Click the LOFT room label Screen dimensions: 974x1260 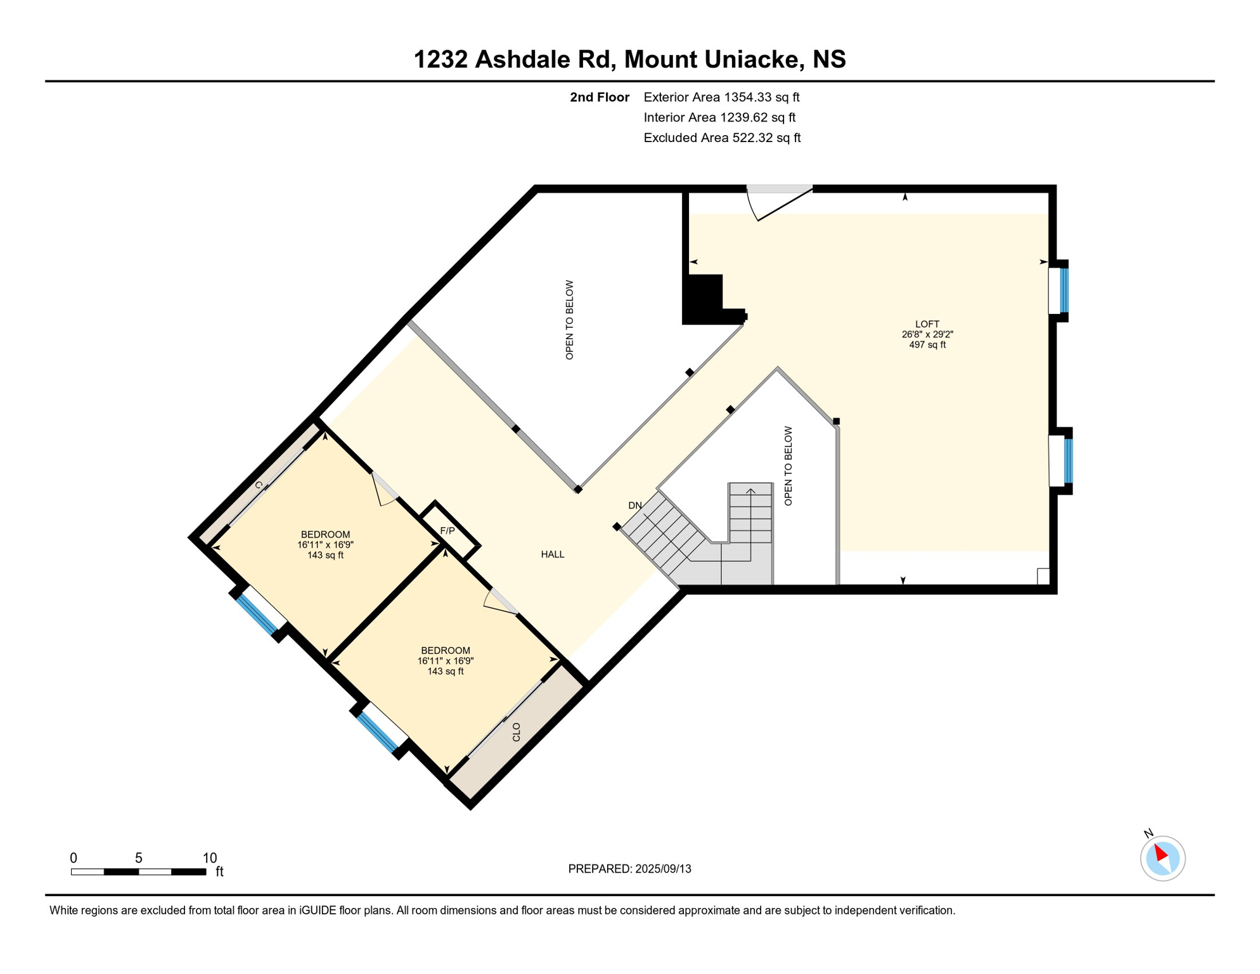coord(927,324)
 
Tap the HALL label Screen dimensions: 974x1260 coord(552,555)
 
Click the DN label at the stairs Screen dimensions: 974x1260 coord(635,505)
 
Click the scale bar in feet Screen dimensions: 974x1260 coord(138,872)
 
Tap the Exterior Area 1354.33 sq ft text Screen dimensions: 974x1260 coord(721,97)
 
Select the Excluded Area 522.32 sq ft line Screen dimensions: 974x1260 coord(721,138)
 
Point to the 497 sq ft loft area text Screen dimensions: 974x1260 coord(927,345)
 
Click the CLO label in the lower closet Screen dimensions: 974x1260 coord(517,732)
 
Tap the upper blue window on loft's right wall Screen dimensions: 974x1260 coord(1064,290)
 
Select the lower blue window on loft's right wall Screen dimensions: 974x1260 coord(1068,461)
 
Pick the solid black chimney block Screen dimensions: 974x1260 coord(704,299)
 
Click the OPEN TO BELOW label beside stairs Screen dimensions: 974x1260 coord(788,466)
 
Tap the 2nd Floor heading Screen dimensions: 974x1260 coord(599,97)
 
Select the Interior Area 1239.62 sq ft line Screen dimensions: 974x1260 coord(719,117)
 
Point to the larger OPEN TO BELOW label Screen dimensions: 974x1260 coord(569,320)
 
